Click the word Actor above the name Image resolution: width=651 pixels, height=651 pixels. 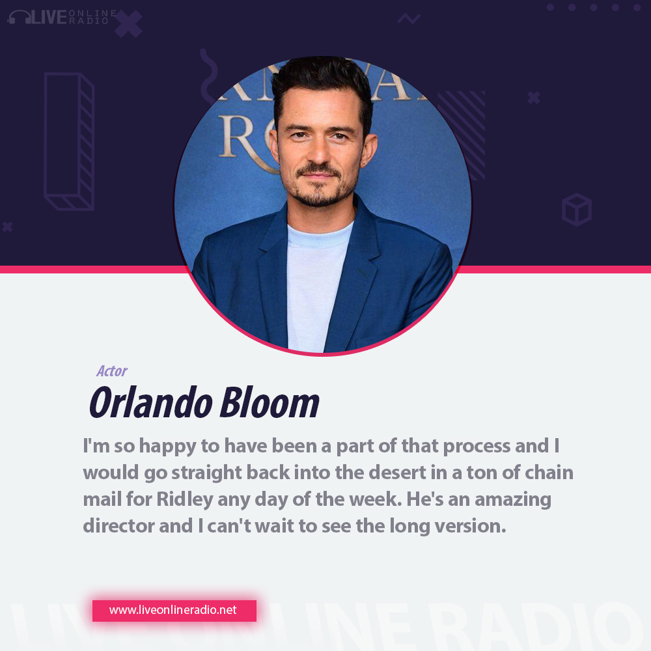(112, 371)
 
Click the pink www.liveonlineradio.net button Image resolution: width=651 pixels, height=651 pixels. (174, 611)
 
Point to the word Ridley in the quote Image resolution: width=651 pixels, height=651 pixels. (185, 500)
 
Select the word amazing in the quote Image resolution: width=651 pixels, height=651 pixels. (513, 500)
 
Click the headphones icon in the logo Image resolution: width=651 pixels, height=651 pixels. (19, 18)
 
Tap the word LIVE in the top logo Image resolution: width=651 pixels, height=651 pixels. (49, 18)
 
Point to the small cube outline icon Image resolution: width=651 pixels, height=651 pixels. (577, 210)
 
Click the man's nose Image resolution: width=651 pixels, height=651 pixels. (319, 152)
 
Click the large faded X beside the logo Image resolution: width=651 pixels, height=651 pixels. (128, 24)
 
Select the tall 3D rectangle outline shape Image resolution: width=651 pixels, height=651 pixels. (70, 141)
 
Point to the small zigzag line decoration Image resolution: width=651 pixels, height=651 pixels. (409, 19)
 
